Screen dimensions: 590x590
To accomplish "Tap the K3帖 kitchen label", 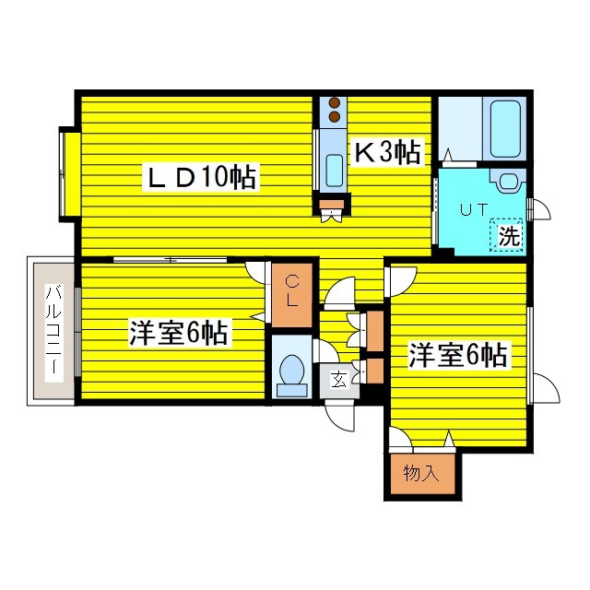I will (x=388, y=153).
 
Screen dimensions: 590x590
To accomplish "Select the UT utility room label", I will (x=474, y=209).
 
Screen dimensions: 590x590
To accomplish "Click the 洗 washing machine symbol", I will (x=508, y=235).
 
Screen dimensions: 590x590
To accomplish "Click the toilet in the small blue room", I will (x=291, y=371).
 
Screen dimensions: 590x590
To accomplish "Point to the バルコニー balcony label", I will (x=53, y=329).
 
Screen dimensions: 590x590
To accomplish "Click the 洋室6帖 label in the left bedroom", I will (x=179, y=333).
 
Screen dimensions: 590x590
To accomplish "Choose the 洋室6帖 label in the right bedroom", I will (x=458, y=354).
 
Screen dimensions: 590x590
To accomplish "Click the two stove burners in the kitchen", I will (x=333, y=110).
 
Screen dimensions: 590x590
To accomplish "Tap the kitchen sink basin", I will (x=334, y=171).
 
